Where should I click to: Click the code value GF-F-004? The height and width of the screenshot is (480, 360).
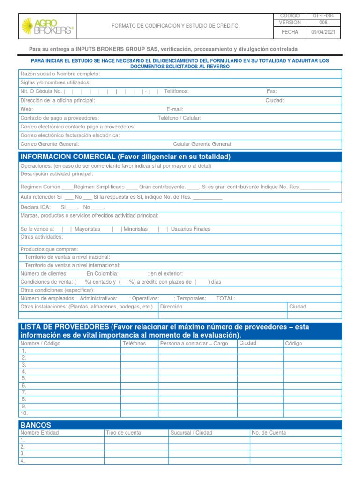[x=323, y=16]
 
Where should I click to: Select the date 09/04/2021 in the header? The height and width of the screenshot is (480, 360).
[x=323, y=32]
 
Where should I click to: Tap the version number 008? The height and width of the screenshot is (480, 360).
[x=323, y=22]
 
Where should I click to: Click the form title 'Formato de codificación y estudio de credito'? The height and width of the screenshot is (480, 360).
[x=174, y=26]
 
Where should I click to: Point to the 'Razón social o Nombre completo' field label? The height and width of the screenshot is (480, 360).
[x=60, y=74]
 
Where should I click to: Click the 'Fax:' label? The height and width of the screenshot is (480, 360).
[x=272, y=91]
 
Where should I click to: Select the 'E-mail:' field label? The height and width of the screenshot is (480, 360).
[x=175, y=109]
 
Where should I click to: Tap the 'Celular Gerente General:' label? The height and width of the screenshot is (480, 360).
[x=203, y=144]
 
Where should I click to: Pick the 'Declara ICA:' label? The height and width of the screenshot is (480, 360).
[x=36, y=207]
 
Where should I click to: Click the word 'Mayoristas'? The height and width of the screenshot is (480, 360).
[x=88, y=229]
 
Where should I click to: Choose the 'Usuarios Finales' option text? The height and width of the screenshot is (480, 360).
[x=191, y=229]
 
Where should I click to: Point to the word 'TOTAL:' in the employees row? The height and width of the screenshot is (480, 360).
[x=225, y=298]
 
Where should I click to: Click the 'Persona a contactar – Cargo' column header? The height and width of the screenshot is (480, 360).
[x=194, y=344]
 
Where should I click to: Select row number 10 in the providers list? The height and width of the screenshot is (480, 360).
[x=24, y=413]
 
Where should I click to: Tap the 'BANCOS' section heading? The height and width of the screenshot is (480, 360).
[x=36, y=425]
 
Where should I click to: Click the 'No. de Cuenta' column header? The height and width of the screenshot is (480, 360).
[x=269, y=433]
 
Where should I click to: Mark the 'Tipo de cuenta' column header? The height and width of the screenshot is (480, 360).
[x=123, y=433]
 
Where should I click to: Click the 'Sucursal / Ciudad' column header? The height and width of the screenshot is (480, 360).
[x=191, y=433]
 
